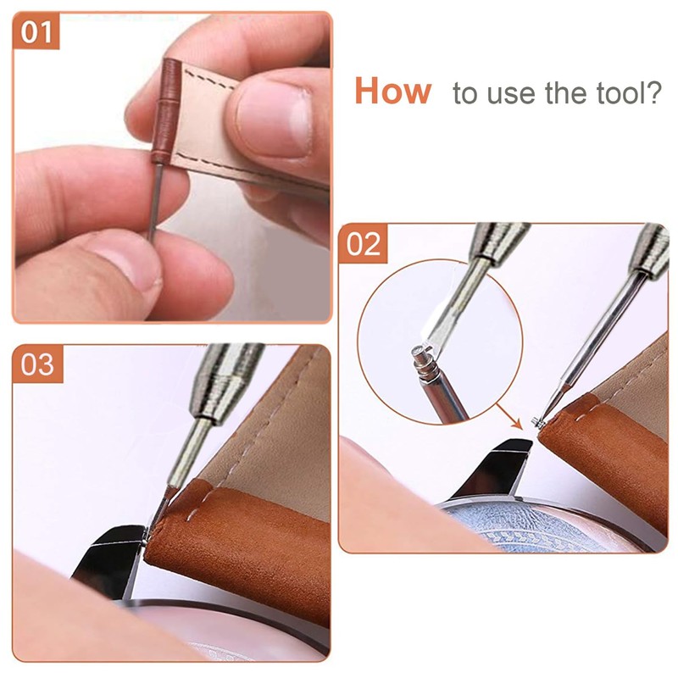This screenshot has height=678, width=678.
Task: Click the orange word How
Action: pyautogui.click(x=392, y=91)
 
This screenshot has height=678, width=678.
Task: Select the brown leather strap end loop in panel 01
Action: pyautogui.click(x=165, y=110)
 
